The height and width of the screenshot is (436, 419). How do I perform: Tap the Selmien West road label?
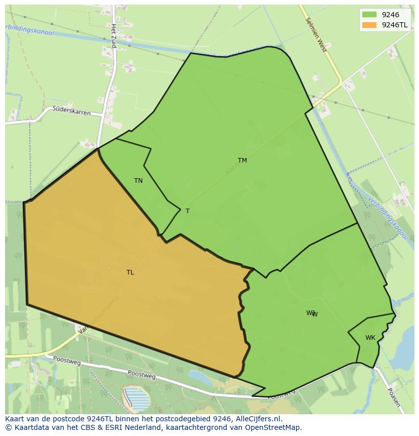317,35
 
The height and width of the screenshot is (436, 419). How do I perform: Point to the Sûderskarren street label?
72,110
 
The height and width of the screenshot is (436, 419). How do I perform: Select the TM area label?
242,161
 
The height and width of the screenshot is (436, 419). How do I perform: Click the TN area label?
138,181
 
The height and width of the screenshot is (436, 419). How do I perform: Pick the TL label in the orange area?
130,272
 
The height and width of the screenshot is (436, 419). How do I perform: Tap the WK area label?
370,338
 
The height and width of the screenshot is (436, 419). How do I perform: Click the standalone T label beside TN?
187,211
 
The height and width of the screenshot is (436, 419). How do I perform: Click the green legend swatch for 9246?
369,15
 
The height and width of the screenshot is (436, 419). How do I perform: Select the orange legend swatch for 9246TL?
369,25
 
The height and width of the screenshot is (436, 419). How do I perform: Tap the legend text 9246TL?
395,25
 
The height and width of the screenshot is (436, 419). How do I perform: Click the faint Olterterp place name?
124,268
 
